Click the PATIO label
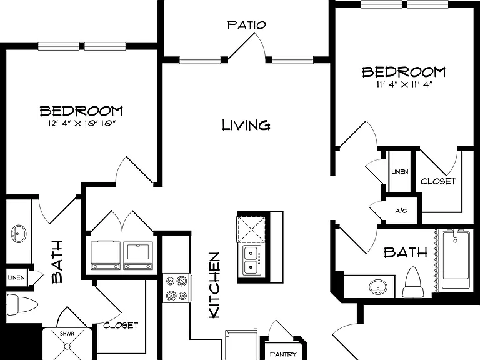246,25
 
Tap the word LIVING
246,125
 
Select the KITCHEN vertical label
214,285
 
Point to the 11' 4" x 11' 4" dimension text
404,84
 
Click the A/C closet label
401,211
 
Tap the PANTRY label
283,354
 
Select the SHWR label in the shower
67,333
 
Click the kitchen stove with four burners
177,288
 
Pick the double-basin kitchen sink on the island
252,260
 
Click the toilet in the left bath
22,304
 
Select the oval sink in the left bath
18,234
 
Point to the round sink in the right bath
377,287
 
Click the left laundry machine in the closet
106,255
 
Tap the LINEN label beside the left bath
16,277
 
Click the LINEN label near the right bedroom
400,171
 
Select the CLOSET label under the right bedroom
438,181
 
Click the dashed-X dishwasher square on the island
251,230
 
